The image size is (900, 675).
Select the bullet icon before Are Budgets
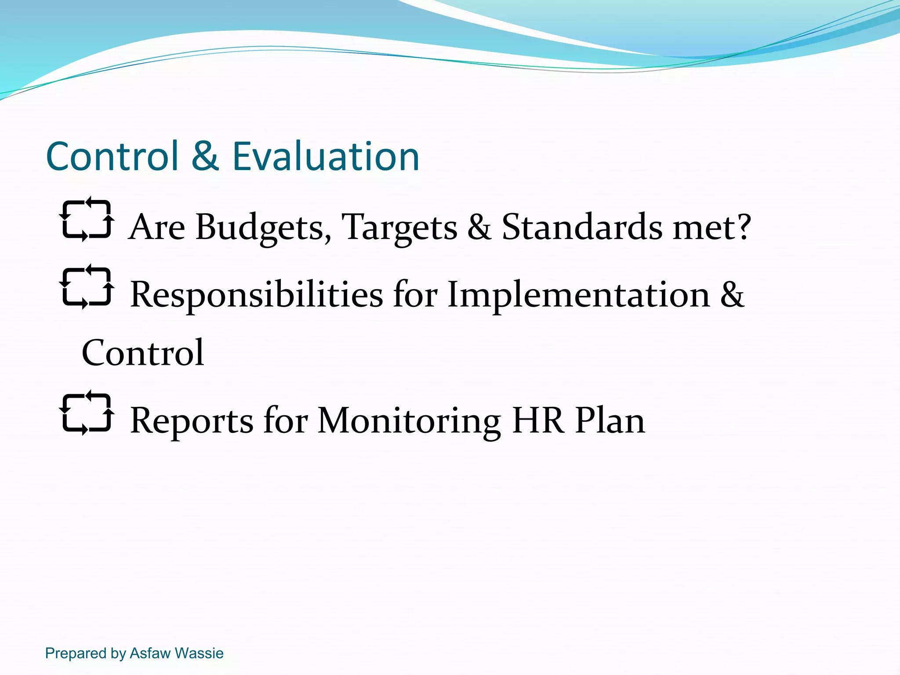pyautogui.click(x=87, y=219)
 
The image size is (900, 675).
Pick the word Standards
pyautogui.click(x=582, y=228)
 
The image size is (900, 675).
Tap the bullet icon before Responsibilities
pyautogui.click(x=87, y=287)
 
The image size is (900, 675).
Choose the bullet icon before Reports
pyautogui.click(x=87, y=413)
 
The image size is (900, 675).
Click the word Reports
pyautogui.click(x=192, y=421)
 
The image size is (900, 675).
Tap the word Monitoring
pyautogui.click(x=409, y=421)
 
